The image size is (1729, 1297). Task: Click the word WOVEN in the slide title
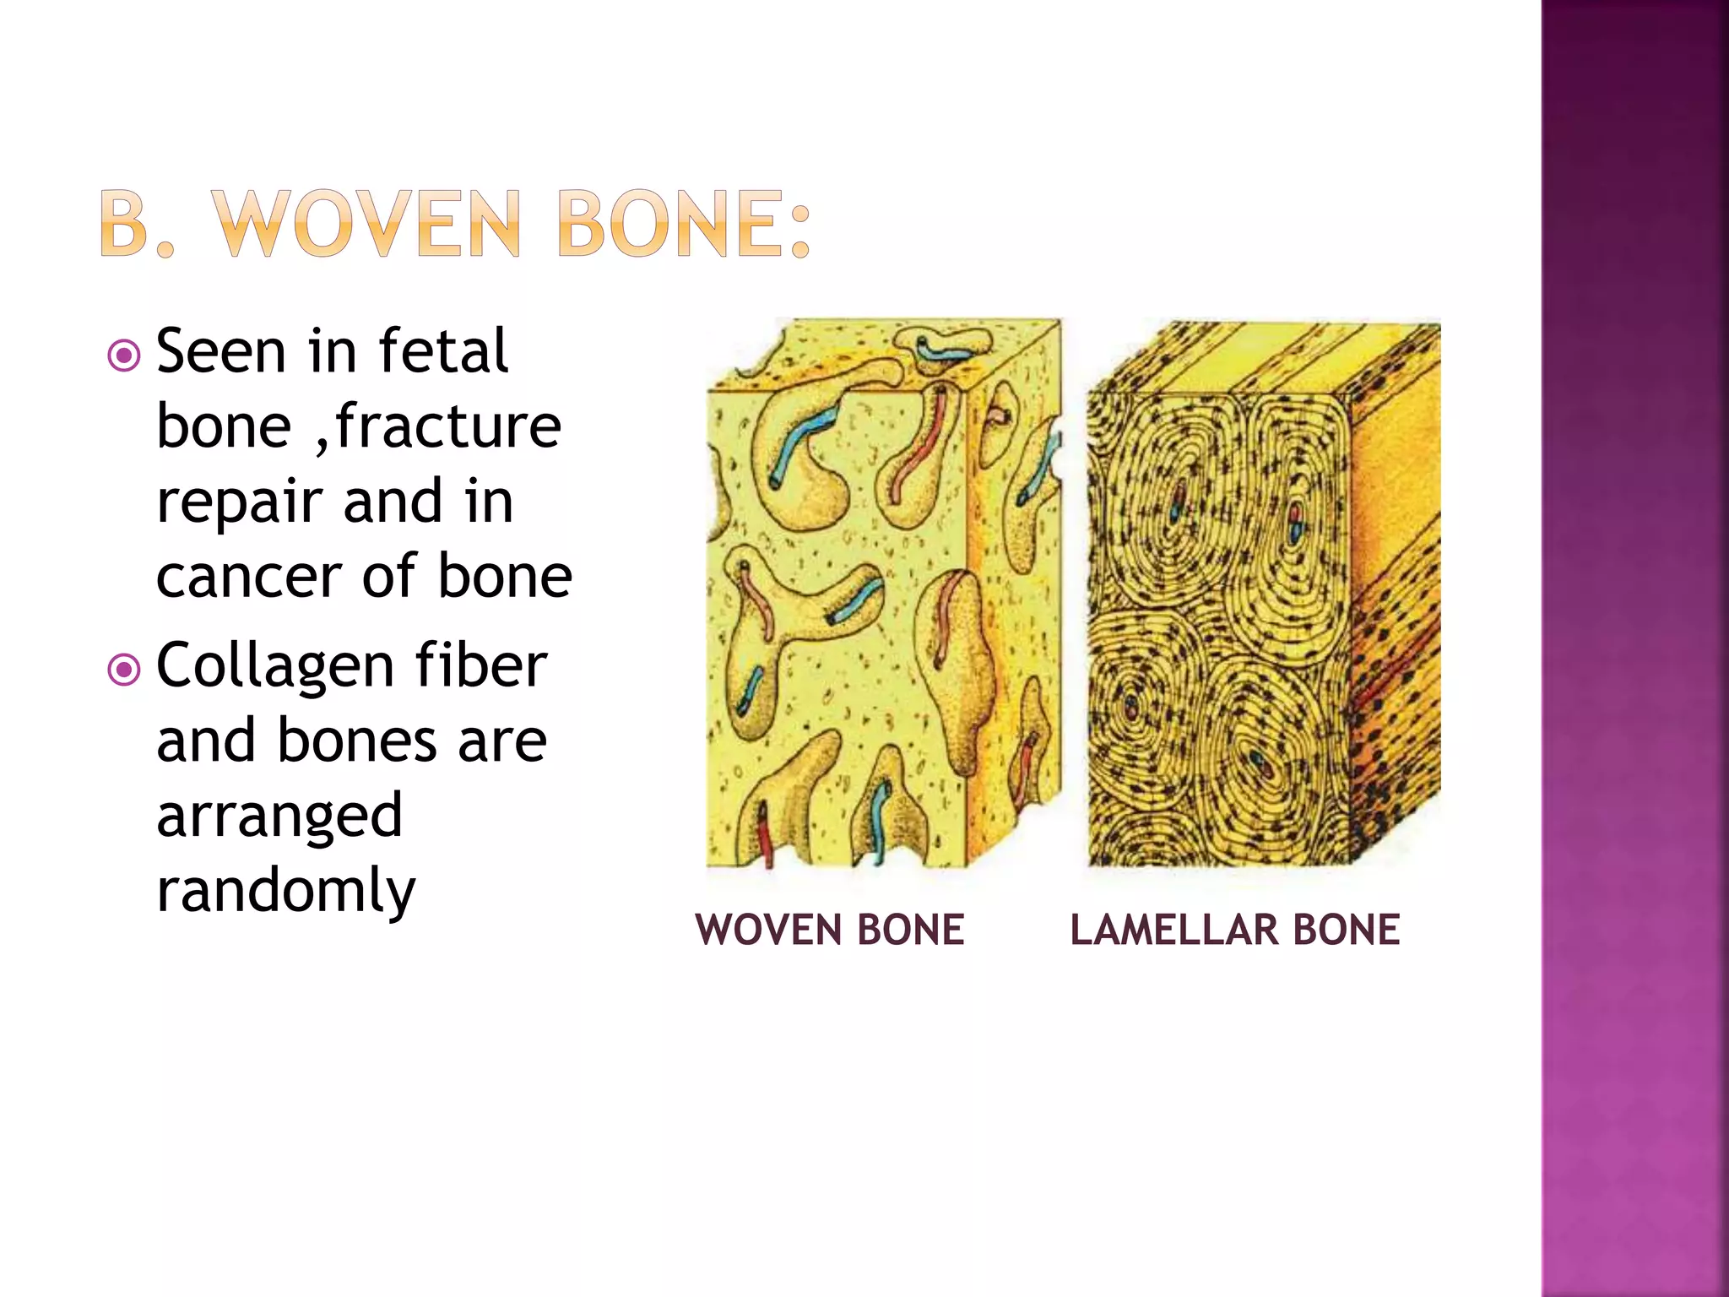point(368,225)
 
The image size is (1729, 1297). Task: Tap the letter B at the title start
point(125,225)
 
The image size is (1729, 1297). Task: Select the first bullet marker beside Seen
point(124,355)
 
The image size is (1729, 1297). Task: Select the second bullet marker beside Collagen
point(124,670)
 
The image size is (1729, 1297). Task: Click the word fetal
point(443,351)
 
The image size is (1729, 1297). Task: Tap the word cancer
point(251,578)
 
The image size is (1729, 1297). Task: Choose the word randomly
point(286,892)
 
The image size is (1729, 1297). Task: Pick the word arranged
point(279,816)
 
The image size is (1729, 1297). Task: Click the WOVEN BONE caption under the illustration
point(830,931)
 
